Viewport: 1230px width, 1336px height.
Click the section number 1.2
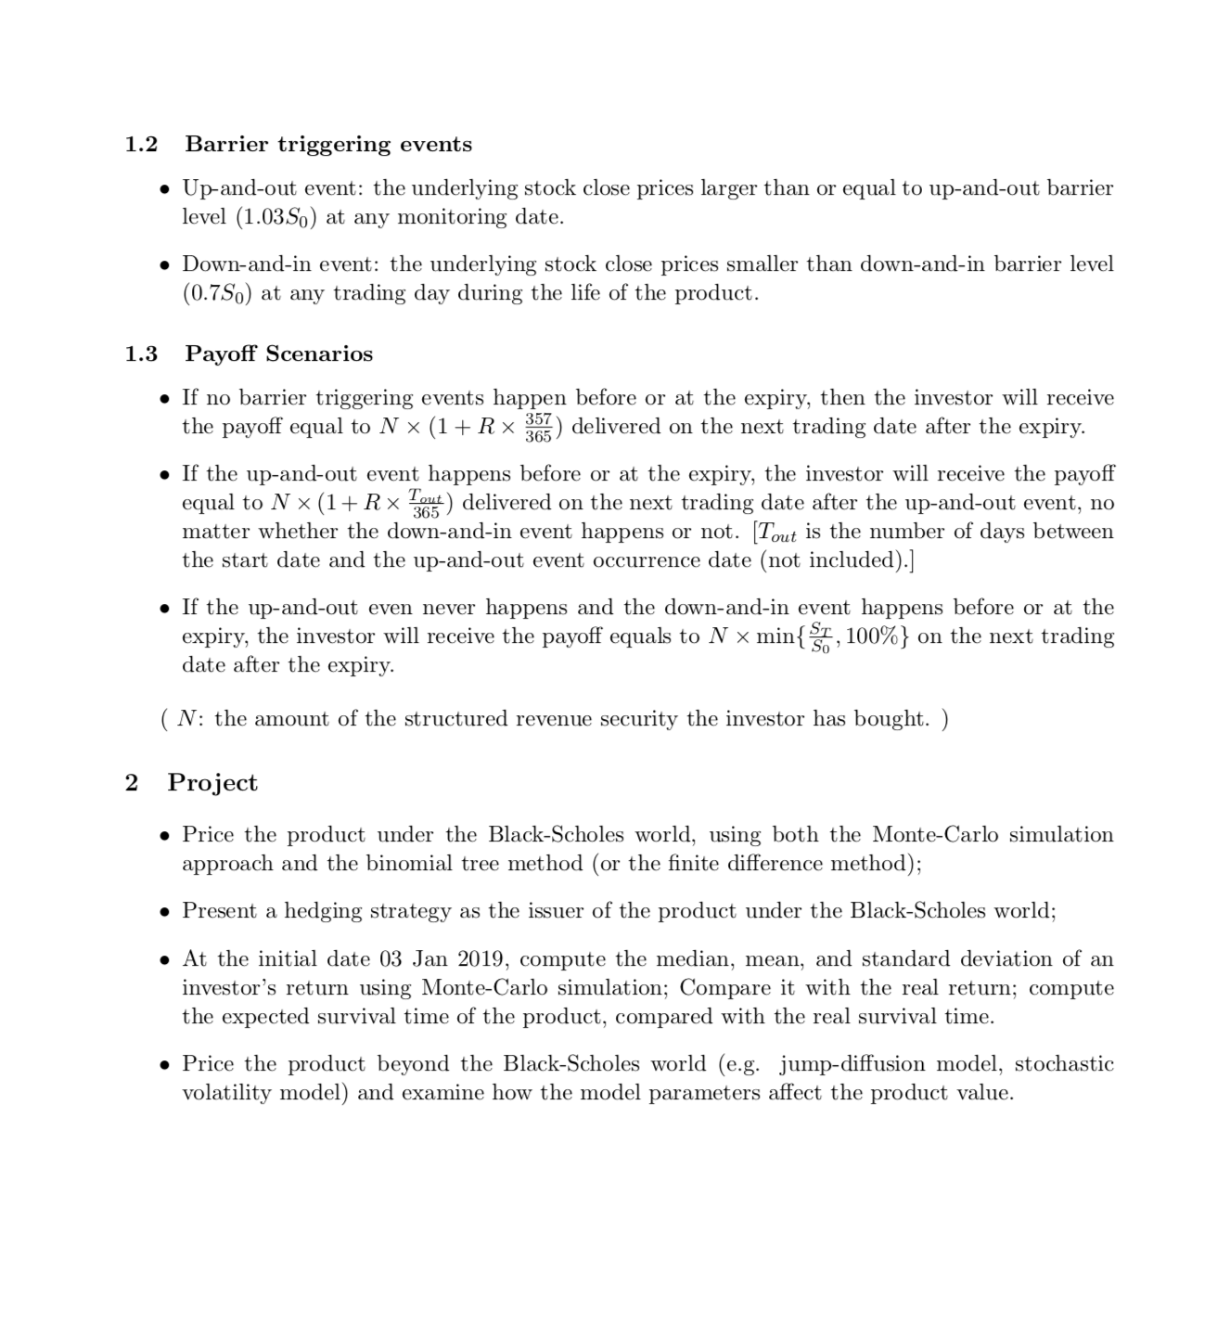[142, 144]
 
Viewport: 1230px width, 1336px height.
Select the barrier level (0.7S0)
[217, 293]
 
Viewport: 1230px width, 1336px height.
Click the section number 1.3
[142, 353]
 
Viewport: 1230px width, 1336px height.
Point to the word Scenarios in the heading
[319, 353]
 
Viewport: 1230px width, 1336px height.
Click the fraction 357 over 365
[538, 427]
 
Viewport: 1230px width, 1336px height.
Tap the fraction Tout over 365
[427, 504]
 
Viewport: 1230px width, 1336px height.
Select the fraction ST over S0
[820, 637]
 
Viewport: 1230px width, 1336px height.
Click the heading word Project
[212, 782]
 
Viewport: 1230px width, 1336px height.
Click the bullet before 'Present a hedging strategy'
[164, 911]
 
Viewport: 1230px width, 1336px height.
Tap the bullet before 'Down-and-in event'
[164, 264]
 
